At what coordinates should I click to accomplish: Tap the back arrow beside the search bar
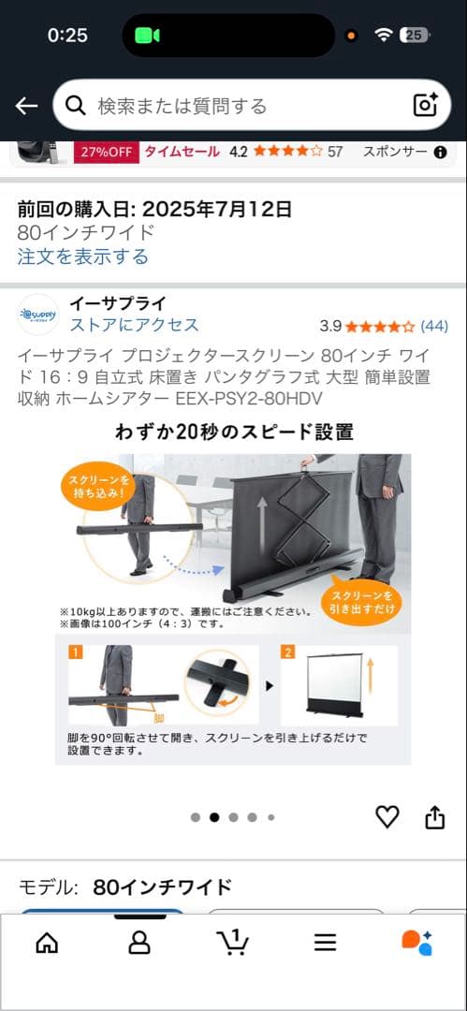(x=26, y=106)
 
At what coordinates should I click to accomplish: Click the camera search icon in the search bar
(x=426, y=105)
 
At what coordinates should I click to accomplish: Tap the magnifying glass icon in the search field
(x=77, y=105)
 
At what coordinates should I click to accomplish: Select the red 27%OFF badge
(x=108, y=152)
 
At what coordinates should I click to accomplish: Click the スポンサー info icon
(x=440, y=153)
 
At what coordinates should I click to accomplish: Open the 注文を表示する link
(x=82, y=256)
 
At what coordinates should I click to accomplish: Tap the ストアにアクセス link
(x=134, y=325)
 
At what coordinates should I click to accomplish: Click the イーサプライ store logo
(x=38, y=315)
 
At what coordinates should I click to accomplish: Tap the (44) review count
(x=434, y=326)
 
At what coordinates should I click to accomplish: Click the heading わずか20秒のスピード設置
(x=233, y=432)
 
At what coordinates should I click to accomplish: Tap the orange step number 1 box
(x=73, y=652)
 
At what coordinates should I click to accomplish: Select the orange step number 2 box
(x=288, y=652)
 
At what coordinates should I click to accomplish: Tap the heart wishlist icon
(x=387, y=816)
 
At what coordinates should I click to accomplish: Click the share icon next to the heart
(x=434, y=817)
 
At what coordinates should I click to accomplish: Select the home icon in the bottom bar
(x=46, y=942)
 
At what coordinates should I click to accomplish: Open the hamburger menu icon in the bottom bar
(x=325, y=942)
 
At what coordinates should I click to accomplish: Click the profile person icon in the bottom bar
(x=139, y=942)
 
